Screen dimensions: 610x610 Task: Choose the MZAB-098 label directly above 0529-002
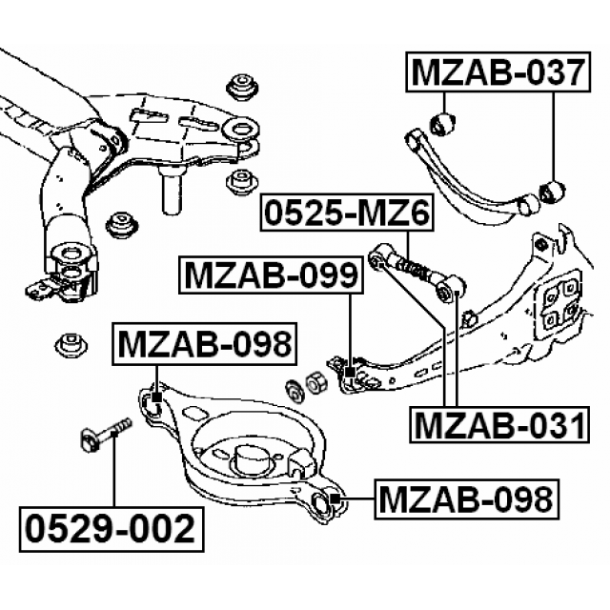[203, 345]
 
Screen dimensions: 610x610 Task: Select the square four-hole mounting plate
[560, 303]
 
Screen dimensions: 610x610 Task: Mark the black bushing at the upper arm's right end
[552, 190]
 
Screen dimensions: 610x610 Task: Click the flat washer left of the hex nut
[294, 390]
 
